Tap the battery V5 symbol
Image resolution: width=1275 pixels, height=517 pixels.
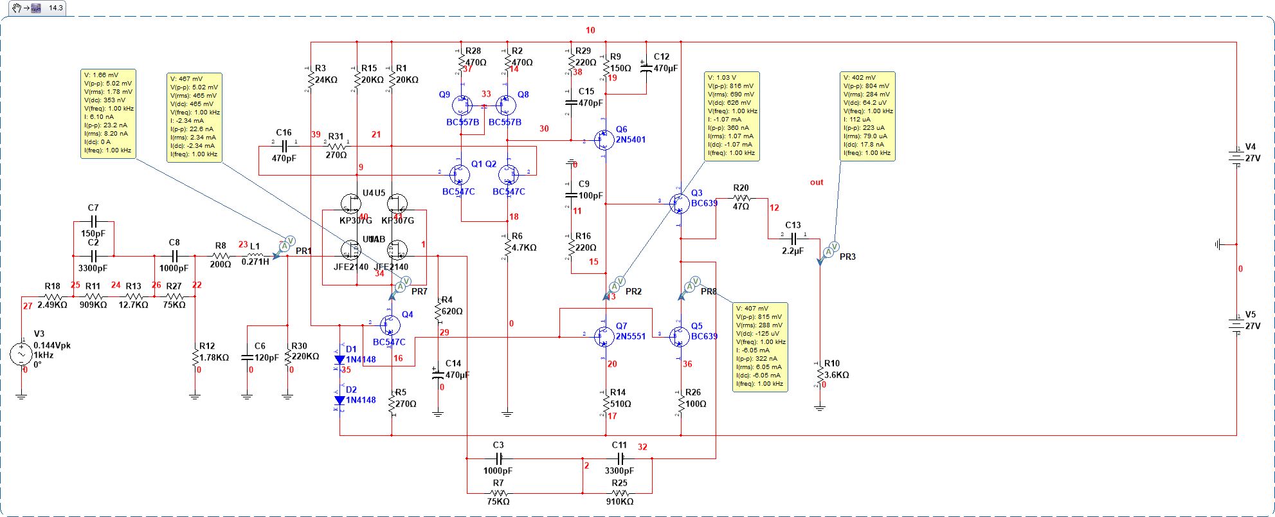(1235, 325)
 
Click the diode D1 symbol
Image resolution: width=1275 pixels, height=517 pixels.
(339, 359)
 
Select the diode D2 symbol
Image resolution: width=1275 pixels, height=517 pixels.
(339, 400)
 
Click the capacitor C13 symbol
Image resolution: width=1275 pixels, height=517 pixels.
(793, 239)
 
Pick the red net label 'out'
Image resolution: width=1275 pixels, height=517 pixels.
(817, 183)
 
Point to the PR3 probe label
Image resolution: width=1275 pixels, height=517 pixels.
(847, 257)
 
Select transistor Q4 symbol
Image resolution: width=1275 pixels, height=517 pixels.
(389, 325)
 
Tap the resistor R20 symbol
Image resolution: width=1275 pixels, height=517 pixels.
(741, 198)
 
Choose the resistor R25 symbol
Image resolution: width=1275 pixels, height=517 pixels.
(620, 493)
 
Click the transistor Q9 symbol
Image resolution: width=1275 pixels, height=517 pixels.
(462, 105)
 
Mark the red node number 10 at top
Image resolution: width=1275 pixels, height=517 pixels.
(590, 30)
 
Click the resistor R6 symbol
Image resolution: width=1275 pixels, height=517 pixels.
(507, 247)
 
